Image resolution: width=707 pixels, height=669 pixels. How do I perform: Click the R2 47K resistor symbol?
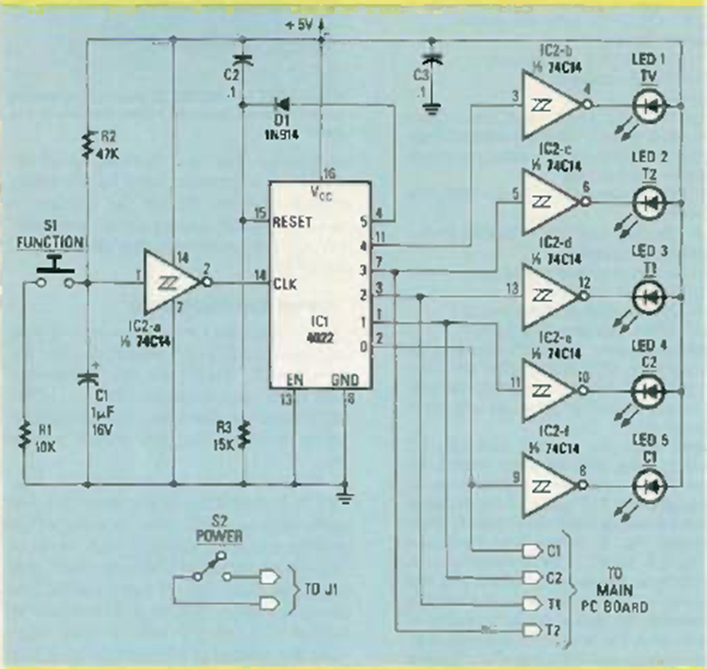click(x=87, y=142)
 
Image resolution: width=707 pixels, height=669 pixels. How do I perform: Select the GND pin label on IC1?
click(x=344, y=381)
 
